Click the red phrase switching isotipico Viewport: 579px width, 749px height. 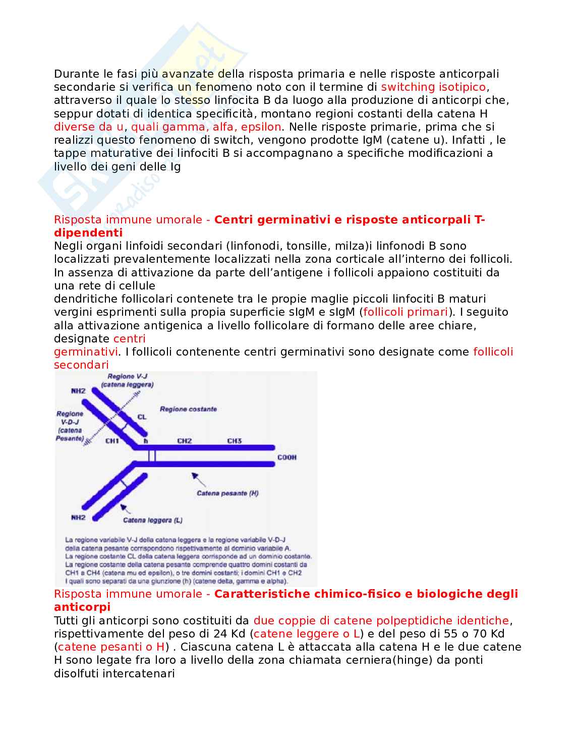(x=433, y=87)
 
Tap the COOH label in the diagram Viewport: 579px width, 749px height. (x=287, y=457)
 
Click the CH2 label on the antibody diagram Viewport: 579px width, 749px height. (x=185, y=441)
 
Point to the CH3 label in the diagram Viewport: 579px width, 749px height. (x=234, y=441)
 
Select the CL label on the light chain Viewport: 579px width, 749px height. (x=142, y=417)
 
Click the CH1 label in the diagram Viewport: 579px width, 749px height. (x=112, y=441)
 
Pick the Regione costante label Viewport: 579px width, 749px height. (x=188, y=409)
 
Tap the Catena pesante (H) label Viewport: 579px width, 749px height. (x=227, y=493)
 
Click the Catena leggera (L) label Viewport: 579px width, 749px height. (x=153, y=520)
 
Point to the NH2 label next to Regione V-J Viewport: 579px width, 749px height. (x=78, y=391)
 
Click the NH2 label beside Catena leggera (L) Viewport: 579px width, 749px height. (x=78, y=517)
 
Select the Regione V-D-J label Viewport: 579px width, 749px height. (x=70, y=426)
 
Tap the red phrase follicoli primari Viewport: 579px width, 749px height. (x=406, y=312)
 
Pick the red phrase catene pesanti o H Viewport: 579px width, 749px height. (x=111, y=647)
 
